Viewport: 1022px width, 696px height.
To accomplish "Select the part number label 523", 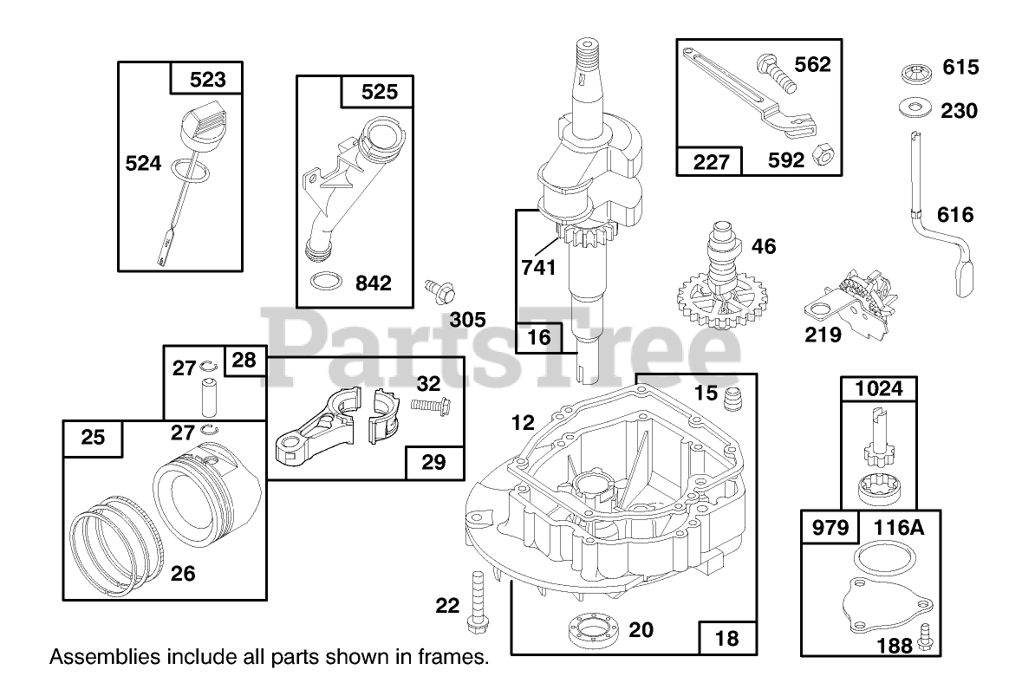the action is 207,80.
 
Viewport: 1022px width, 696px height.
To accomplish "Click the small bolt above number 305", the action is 439,290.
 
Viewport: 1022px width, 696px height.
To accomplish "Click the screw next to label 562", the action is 777,73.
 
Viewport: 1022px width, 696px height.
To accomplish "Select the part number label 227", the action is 711,161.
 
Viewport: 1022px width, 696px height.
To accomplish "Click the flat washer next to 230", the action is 915,107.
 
